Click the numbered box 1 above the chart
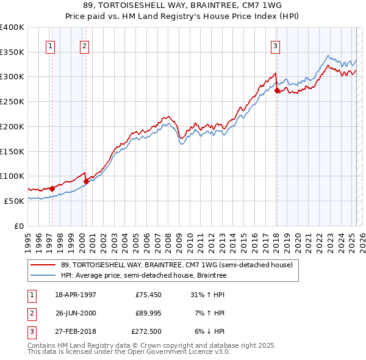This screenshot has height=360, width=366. click(49, 45)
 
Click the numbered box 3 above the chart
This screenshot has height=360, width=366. click(275, 45)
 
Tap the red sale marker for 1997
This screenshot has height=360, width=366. click(52, 189)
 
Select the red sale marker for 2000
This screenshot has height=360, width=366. click(86, 181)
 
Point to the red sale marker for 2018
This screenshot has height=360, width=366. click(277, 90)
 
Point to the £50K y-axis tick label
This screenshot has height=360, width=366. click(14, 201)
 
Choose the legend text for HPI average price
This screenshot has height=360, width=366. click(144, 276)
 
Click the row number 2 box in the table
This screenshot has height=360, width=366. click(30, 313)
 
